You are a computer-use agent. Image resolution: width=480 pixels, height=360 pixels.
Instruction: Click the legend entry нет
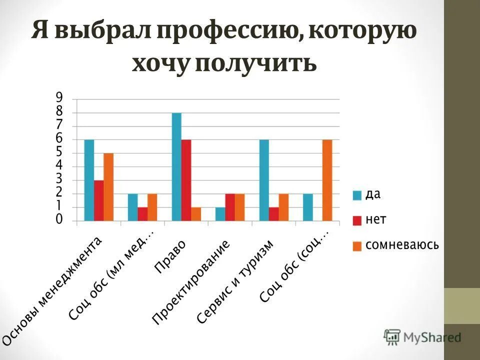tap(369, 219)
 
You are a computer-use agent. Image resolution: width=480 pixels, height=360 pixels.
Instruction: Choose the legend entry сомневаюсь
tap(395, 245)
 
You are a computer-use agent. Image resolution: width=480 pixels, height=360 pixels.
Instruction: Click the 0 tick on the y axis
tap(59, 220)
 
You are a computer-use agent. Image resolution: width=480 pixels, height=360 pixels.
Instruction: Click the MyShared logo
tap(422, 337)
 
